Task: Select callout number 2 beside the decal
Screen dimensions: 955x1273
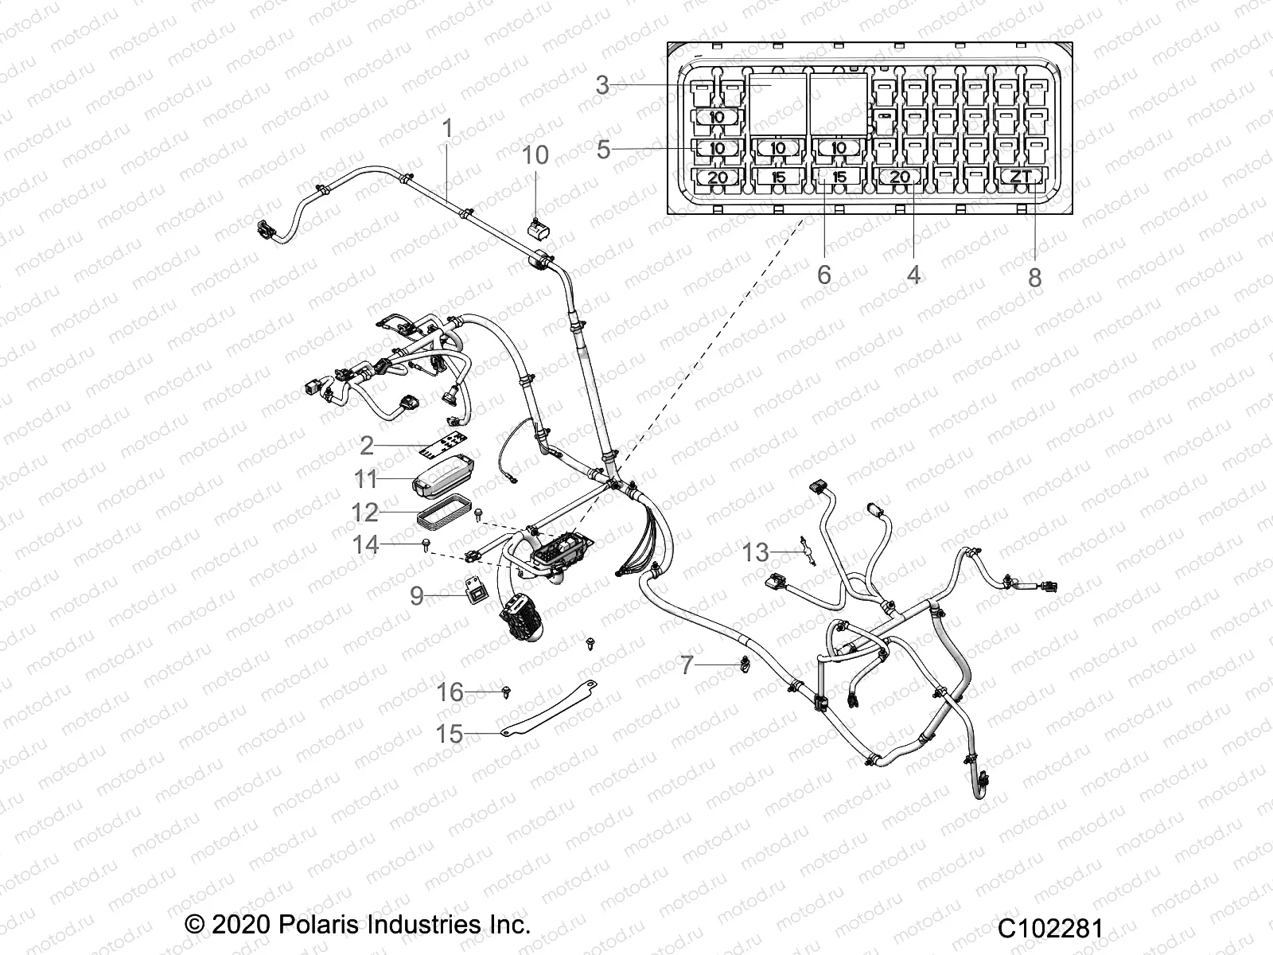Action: click(x=366, y=445)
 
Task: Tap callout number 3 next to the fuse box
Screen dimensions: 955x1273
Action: click(x=602, y=85)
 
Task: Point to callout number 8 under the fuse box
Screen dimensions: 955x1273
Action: click(x=1034, y=277)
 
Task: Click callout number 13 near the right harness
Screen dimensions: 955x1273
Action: click(x=756, y=552)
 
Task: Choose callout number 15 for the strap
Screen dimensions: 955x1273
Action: click(x=450, y=733)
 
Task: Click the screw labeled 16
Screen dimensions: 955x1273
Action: click(x=507, y=693)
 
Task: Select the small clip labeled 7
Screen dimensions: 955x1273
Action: click(x=744, y=661)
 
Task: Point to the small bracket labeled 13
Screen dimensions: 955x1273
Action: click(x=807, y=551)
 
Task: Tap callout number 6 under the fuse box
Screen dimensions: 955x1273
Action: click(x=823, y=275)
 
